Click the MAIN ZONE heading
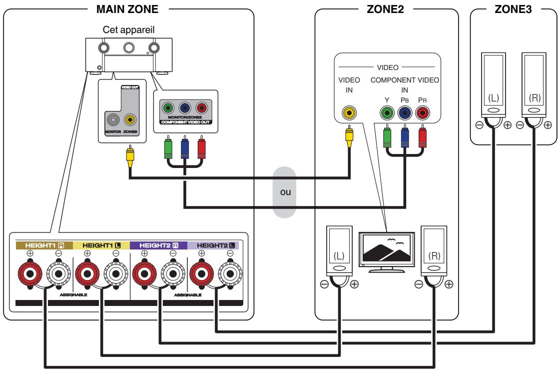tap(129, 8)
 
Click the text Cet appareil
tap(128, 30)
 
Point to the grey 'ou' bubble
tap(285, 193)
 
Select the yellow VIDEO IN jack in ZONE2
tap(349, 113)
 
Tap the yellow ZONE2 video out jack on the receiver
tap(130, 119)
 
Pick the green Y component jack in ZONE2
tap(387, 113)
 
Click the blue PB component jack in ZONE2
tap(405, 113)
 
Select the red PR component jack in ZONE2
tap(423, 113)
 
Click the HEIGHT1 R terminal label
tap(43, 245)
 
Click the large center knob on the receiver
tap(129, 47)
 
